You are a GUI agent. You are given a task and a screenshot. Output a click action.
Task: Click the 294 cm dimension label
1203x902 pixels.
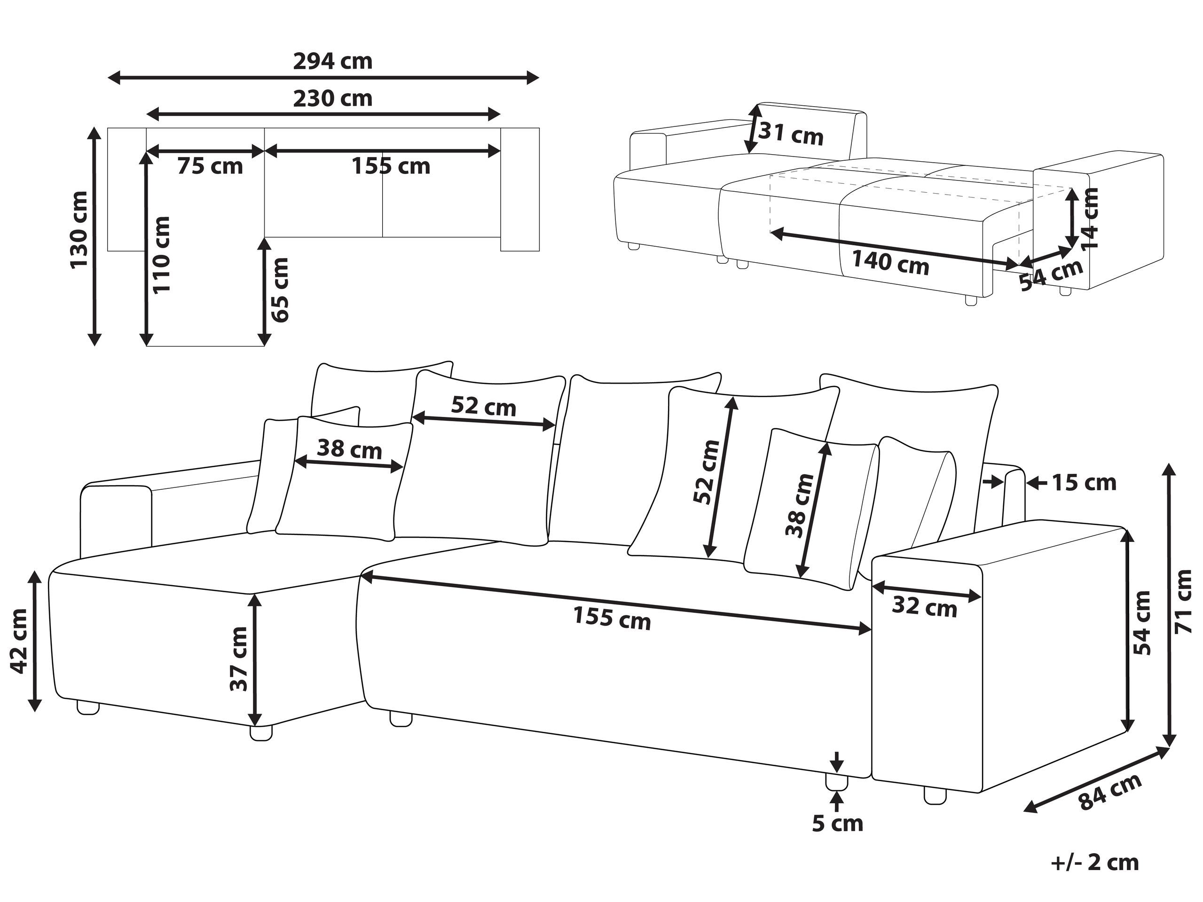[x=332, y=62]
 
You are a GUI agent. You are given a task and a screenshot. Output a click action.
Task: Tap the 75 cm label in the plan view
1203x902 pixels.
[x=210, y=166]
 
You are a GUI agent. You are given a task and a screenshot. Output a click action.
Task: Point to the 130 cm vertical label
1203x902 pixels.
[x=79, y=229]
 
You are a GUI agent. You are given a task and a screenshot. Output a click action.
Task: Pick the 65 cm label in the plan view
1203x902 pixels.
[x=280, y=290]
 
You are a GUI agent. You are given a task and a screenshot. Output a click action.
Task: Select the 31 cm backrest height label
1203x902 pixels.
[x=791, y=134]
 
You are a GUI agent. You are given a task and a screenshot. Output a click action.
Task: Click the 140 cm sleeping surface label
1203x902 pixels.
[x=890, y=262]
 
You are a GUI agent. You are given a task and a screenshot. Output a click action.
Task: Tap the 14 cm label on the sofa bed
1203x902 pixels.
[x=1090, y=218]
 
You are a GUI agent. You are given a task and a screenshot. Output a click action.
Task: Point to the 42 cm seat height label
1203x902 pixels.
[x=20, y=641]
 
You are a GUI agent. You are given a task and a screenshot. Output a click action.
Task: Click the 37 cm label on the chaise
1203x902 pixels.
[x=239, y=659]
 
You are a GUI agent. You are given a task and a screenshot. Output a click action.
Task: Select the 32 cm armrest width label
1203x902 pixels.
[x=924, y=607]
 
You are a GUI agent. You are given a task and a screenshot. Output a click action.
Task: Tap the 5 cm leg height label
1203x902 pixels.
[x=838, y=824]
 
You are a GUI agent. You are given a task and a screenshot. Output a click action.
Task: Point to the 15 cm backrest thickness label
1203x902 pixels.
[x=1084, y=482]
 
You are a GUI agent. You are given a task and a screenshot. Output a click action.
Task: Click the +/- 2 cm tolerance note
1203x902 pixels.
[x=1095, y=863]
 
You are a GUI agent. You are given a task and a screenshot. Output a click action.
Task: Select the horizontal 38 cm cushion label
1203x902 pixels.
[x=349, y=449]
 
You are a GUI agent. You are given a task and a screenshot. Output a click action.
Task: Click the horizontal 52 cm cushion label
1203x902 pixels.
[x=483, y=406]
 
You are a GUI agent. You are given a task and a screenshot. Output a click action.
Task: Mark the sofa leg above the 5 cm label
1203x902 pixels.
[x=836, y=783]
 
